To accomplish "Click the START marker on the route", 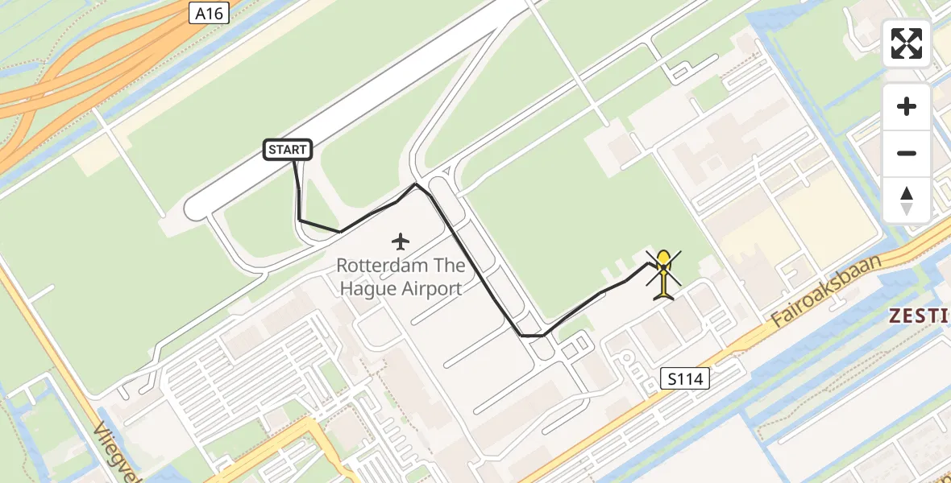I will coord(288,150).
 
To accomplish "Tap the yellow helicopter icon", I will coord(663,274).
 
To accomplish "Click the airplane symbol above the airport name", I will coord(400,241).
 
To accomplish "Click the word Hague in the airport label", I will coord(368,288).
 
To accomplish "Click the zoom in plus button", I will coord(907,106).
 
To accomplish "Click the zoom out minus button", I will coord(907,153).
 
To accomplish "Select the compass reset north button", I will coord(907,200).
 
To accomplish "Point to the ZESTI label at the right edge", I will coord(919,316).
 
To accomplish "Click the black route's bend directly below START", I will coord(300,219).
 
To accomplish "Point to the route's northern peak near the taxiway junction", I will coord(416,184).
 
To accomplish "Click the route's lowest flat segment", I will coord(533,335).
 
